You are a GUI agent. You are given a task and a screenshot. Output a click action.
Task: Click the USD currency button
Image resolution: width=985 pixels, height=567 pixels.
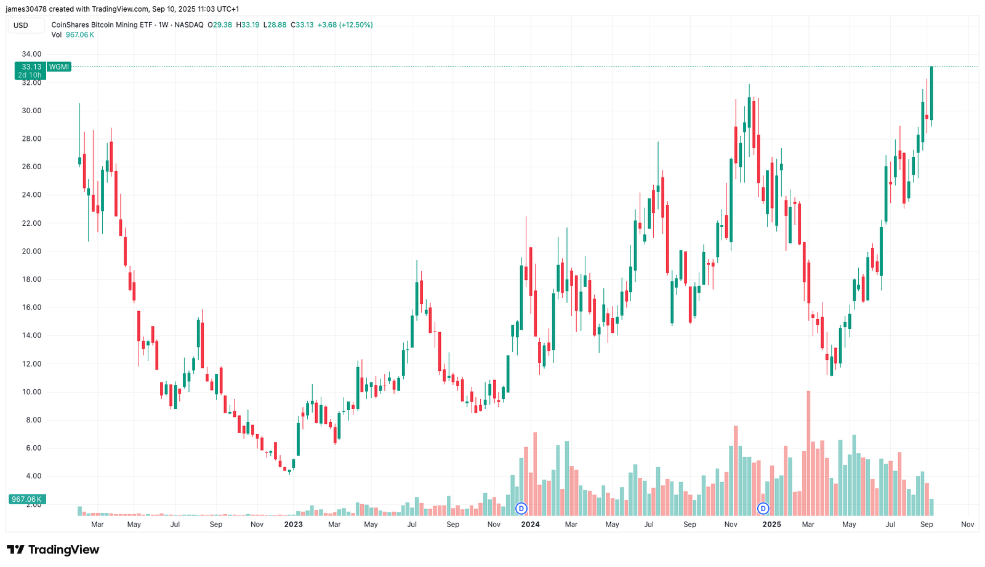21,25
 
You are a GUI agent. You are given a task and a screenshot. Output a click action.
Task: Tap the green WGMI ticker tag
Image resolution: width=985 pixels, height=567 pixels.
59,67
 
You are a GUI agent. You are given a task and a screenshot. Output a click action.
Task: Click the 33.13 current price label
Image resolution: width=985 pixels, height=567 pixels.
31,67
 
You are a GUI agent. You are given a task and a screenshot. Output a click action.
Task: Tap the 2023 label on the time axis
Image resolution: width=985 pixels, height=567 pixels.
293,525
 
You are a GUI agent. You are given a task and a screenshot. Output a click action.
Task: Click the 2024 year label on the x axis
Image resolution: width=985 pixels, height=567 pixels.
530,525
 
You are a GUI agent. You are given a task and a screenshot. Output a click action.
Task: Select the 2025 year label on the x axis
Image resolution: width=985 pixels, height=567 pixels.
772,525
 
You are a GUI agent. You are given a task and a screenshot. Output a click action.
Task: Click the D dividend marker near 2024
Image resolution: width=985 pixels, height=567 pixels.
521,509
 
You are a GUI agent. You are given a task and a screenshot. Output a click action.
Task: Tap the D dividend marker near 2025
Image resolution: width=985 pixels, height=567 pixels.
763,509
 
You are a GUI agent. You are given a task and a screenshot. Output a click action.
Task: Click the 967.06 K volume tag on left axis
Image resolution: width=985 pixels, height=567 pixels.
27,499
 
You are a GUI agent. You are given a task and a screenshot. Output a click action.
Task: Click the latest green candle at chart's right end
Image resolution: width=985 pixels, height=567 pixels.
931,93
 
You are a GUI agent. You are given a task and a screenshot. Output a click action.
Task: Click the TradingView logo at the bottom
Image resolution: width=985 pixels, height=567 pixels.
53,550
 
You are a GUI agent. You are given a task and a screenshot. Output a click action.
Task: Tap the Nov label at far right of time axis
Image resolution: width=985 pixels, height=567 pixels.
967,525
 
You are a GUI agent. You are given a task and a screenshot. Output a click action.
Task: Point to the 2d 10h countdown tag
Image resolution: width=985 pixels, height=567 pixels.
30,75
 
